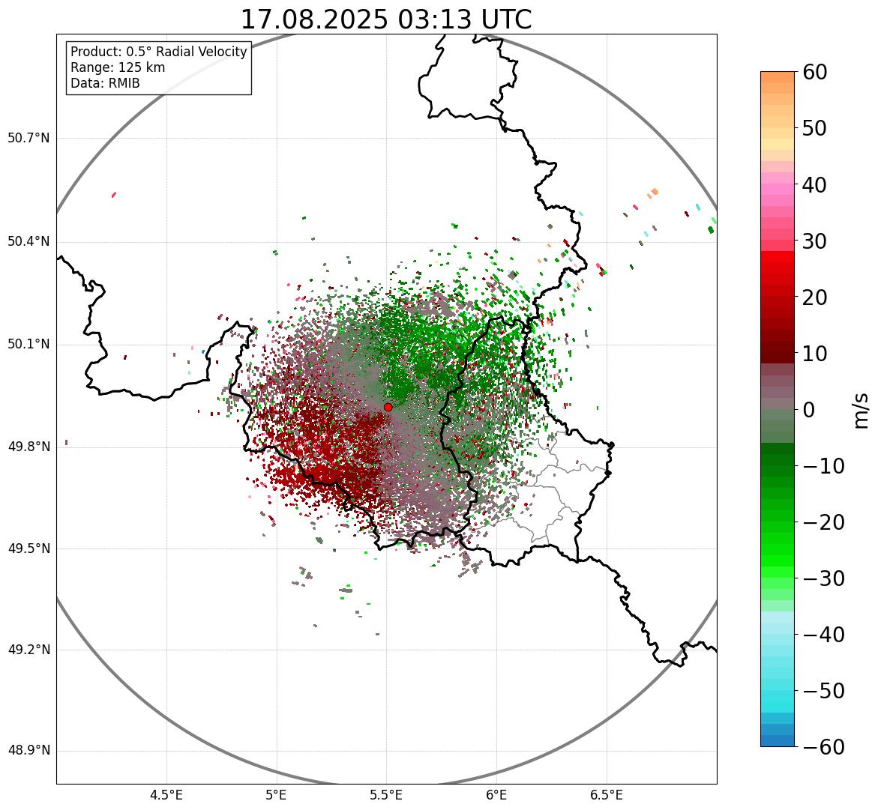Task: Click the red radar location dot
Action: click(388, 407)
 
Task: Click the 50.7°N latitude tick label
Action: click(28, 139)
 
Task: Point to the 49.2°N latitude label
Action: click(28, 650)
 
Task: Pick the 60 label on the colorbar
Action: click(815, 72)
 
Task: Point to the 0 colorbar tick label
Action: click(808, 410)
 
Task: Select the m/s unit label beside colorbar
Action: click(862, 410)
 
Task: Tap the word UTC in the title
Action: click(506, 19)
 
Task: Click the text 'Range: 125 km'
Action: click(118, 67)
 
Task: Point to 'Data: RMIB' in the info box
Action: click(105, 83)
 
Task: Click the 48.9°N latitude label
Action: click(28, 751)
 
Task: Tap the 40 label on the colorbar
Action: click(815, 184)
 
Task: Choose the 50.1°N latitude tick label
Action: click(28, 345)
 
